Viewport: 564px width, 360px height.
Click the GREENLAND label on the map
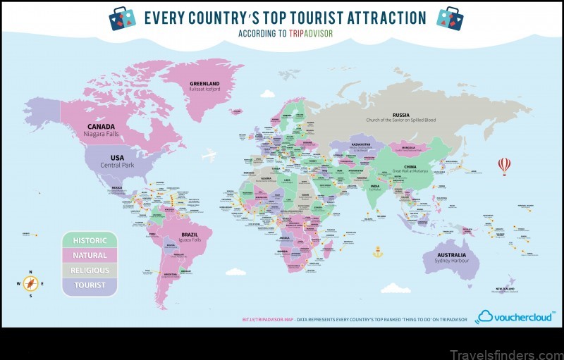(x=204, y=83)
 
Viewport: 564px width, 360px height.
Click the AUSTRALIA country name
(x=452, y=254)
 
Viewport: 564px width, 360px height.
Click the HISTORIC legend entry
(x=90, y=240)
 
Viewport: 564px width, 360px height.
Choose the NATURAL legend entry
(x=90, y=255)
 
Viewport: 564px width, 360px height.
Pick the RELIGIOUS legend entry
(x=90, y=270)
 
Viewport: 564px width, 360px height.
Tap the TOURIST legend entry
(x=90, y=285)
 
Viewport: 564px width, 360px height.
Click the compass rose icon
(x=30, y=284)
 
